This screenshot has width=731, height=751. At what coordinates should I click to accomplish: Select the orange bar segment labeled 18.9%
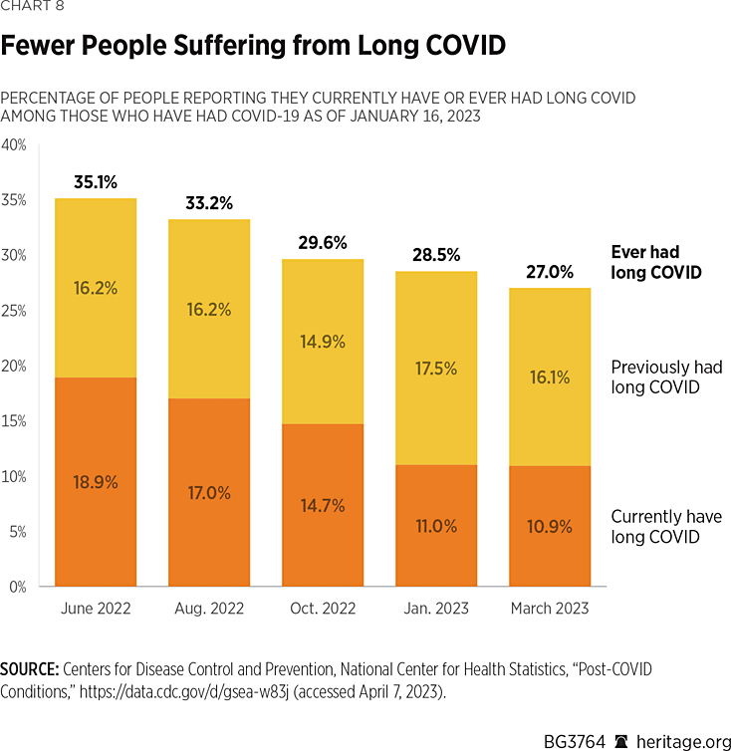coord(96,482)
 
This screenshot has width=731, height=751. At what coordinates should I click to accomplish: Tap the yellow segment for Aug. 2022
coord(209,310)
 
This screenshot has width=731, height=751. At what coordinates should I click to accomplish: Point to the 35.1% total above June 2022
coord(96,182)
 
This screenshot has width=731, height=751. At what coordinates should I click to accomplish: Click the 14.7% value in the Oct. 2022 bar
coord(323,506)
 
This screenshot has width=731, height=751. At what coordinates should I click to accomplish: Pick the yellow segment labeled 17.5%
coord(436,368)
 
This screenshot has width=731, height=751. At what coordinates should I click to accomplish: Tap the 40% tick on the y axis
coord(14,144)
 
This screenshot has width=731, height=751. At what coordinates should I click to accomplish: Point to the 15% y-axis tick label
coord(14,421)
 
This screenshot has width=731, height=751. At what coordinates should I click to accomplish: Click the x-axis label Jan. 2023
coord(436,609)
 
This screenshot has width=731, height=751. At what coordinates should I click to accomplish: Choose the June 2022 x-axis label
coord(96,609)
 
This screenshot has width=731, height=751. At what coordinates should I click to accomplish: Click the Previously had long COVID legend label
coord(666,377)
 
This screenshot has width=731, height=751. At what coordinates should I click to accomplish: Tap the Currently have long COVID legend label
coord(665,527)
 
